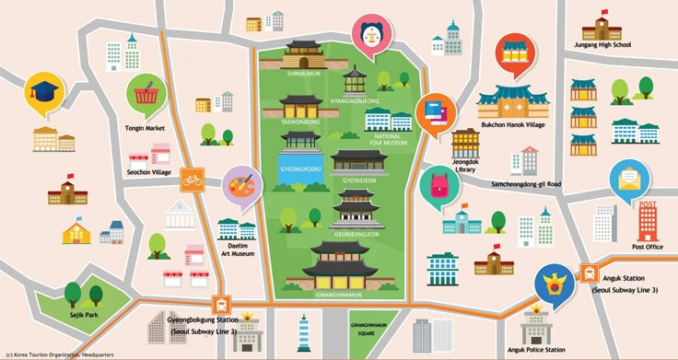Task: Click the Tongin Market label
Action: tap(145, 129)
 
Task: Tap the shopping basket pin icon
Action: tap(145, 93)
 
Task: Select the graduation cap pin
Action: tap(43, 93)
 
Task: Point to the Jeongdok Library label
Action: tap(465, 167)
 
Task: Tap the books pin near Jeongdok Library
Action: tap(435, 114)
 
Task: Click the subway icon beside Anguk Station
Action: tap(589, 272)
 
